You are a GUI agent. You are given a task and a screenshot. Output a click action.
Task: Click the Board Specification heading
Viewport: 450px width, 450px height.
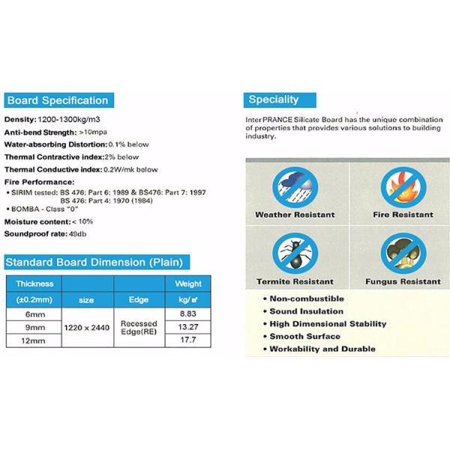click(x=58, y=100)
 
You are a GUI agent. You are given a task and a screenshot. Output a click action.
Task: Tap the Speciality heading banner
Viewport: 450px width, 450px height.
click(x=273, y=100)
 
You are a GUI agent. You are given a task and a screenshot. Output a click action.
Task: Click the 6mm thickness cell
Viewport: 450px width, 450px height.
click(x=34, y=315)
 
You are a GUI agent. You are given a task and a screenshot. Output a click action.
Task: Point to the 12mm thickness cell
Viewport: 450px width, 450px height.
click(x=34, y=340)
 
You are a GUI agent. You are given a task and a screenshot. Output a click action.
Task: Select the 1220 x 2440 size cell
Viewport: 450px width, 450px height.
click(x=87, y=327)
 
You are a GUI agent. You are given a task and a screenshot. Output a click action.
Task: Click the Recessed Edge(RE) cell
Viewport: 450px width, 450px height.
click(x=139, y=327)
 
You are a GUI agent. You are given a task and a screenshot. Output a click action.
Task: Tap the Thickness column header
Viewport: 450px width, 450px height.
click(x=34, y=284)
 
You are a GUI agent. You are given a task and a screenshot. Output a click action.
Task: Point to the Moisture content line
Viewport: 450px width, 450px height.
click(x=48, y=222)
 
